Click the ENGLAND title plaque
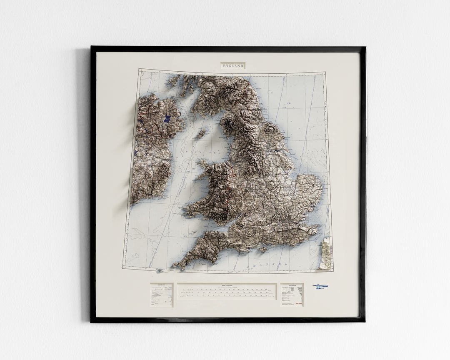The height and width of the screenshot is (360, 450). coord(232,65)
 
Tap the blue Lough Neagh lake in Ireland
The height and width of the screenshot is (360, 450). coord(167,119)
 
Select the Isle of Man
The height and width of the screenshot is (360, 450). coord(201,133)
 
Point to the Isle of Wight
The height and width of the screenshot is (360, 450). coord(263,250)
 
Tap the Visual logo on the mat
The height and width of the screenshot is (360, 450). coord(321,287)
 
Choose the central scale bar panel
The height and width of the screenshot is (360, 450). coord(227,291)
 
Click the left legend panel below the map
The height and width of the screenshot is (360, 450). coord(161,295)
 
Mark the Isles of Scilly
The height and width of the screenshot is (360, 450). coord(159,271)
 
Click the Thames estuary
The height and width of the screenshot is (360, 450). coord(308,219)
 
